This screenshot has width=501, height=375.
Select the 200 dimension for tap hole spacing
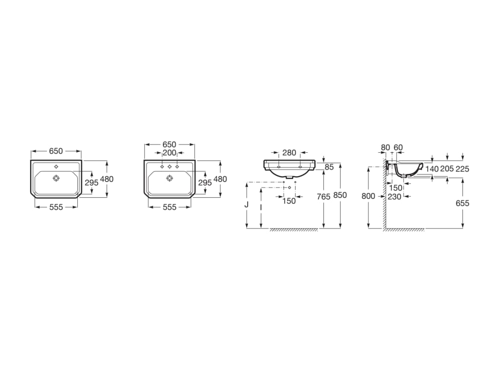(x=169, y=153)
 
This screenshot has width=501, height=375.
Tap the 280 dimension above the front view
(x=289, y=153)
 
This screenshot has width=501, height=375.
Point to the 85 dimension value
(x=329, y=167)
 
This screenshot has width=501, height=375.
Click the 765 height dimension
(x=323, y=196)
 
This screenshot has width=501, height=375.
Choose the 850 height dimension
(x=340, y=195)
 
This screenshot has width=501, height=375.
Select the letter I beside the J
(x=261, y=208)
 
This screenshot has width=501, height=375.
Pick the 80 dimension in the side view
(x=385, y=147)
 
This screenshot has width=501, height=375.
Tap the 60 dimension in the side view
(x=398, y=147)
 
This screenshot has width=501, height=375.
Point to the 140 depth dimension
(x=432, y=168)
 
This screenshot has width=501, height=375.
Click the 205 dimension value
(x=447, y=168)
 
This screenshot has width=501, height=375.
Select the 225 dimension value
(x=462, y=168)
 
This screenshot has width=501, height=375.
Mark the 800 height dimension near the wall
(x=368, y=196)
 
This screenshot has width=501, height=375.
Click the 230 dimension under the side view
(x=394, y=196)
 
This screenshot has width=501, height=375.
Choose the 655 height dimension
(x=462, y=203)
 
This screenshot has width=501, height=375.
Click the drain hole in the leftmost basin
(x=56, y=179)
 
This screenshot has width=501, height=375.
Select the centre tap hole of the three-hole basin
(x=170, y=167)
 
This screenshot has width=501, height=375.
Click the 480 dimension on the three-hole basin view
(x=220, y=179)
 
